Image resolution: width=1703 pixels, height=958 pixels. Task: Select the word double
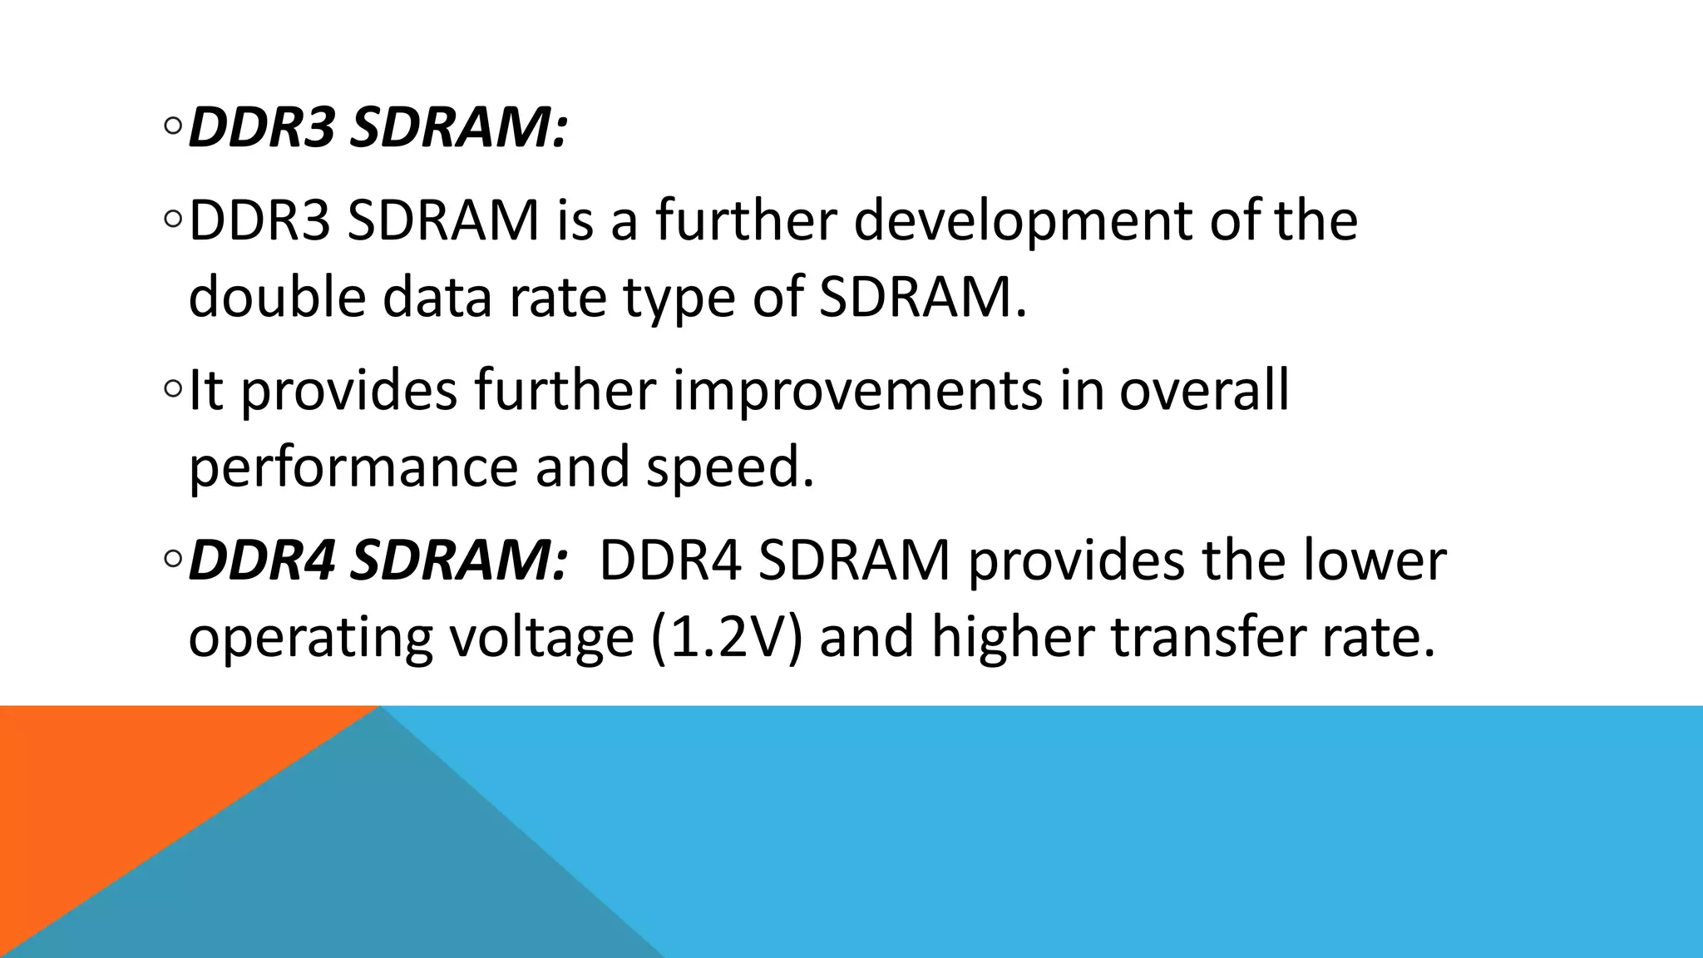point(277,297)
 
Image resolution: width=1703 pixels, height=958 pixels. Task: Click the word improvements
point(856,391)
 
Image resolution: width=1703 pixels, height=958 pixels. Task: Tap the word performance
point(353,467)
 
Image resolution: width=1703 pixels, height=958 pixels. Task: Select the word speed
point(730,467)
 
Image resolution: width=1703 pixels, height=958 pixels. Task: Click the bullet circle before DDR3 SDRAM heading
point(173,127)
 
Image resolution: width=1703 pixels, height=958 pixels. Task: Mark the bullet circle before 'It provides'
point(173,389)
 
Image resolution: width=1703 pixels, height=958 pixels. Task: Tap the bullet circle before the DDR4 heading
point(173,560)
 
